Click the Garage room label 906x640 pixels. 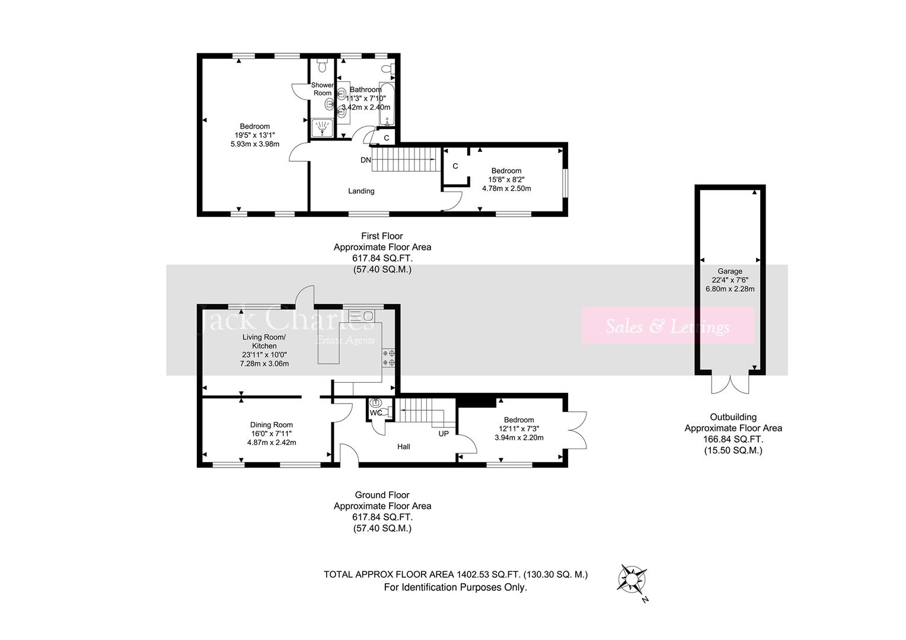729,271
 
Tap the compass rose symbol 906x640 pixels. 633,577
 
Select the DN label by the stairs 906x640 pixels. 365,160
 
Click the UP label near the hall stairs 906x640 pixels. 444,433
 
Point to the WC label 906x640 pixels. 375,412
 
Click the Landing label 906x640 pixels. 361,191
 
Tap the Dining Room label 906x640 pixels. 271,424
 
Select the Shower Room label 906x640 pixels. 323,89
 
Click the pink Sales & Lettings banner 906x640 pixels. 667,325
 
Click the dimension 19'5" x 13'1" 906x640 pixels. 254,135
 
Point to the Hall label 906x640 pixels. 403,446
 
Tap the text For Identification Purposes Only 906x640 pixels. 455,587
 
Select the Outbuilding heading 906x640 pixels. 733,417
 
